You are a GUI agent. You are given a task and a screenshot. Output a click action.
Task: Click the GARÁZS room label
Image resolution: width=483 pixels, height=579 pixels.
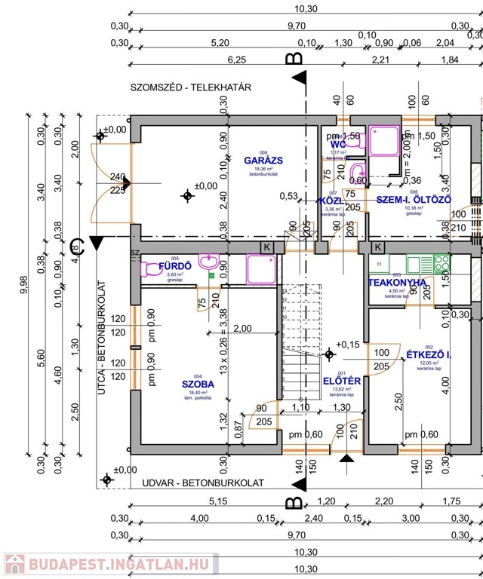pos(263,161)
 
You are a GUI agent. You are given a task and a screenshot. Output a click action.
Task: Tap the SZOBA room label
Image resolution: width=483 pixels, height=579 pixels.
pos(198,384)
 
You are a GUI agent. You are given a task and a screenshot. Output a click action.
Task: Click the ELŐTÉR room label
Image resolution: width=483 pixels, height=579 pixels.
pos(342,381)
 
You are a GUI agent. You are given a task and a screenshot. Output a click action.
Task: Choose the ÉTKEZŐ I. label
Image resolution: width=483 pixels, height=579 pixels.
pos(429,354)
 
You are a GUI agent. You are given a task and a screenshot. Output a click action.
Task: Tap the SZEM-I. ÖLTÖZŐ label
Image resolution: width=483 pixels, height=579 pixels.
pos(413,200)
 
